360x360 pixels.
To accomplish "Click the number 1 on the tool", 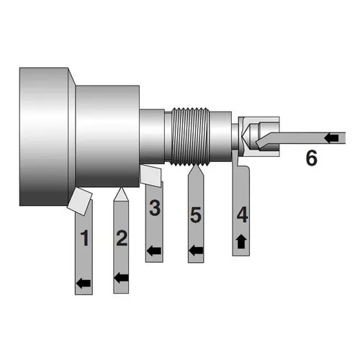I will (85, 238).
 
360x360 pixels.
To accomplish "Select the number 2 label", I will (121, 238).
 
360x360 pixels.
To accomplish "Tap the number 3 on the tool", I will (154, 210).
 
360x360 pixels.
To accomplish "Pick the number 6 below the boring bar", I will (311, 158).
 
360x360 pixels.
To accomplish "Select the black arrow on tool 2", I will (122, 276).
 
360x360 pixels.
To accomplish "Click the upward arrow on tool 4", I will (242, 241).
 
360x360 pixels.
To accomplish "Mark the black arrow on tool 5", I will (195, 251).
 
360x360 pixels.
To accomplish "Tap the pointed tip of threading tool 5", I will (195, 171).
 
